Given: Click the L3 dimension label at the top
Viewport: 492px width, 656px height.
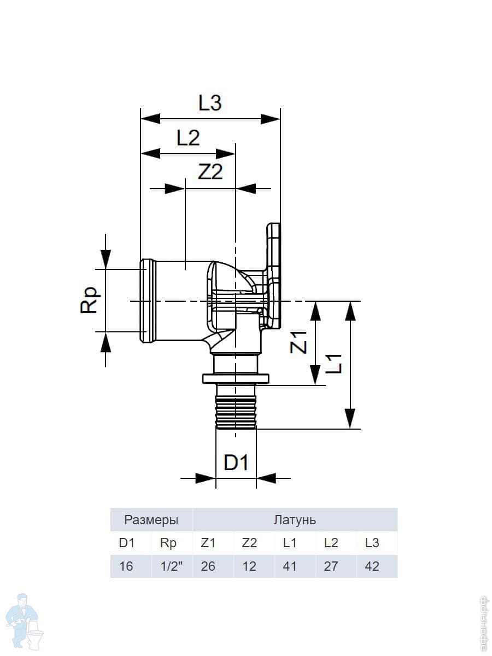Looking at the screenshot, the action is coord(210,103).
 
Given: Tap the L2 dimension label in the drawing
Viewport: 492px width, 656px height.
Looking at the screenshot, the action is coord(188,138).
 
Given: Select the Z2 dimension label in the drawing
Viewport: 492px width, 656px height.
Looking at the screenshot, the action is coord(210,172).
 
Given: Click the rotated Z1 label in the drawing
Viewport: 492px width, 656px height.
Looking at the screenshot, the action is coord(298,342).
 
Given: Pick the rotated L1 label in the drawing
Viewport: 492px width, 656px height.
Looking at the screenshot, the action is coord(333,364).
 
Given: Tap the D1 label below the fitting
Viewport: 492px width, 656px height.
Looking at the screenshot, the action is coord(236,463).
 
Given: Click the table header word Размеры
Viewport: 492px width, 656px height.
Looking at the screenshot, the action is coord(151,520).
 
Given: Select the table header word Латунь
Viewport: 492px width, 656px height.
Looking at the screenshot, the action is coord(295,520).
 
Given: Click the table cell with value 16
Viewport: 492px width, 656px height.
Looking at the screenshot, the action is coord(126,566).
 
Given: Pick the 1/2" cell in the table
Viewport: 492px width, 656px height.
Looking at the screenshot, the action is coord(171,566).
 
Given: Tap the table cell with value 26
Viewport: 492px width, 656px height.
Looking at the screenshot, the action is coord(208,566).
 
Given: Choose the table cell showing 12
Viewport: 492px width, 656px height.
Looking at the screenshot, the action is coord(249,566).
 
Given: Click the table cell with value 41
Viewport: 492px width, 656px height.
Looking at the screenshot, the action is coord(290,566).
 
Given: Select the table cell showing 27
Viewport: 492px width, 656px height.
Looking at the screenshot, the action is coord(331,566).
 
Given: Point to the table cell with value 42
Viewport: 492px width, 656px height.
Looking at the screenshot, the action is coord(372,566).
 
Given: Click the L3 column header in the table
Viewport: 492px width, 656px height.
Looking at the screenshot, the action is coord(372,543).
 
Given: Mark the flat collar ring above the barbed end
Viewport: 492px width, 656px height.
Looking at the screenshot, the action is coord(236,379).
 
